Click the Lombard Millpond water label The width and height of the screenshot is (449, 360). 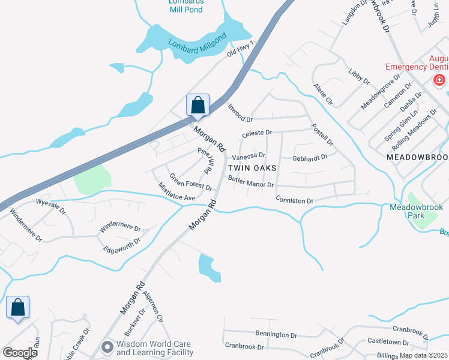198,46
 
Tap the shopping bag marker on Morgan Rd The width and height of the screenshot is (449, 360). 197,105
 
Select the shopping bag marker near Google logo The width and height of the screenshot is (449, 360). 17,308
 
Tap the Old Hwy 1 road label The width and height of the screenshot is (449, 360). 240,49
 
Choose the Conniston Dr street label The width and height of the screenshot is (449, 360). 294,199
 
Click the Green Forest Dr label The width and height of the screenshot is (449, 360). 191,182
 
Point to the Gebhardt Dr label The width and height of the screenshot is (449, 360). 310,157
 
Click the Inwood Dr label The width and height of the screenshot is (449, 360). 240,112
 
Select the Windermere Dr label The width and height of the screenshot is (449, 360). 120,229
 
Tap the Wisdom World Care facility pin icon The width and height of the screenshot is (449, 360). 107,347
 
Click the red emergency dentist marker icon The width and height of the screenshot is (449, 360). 440,80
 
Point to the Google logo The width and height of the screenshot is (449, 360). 20,353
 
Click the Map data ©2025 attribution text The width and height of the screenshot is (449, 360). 423,355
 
